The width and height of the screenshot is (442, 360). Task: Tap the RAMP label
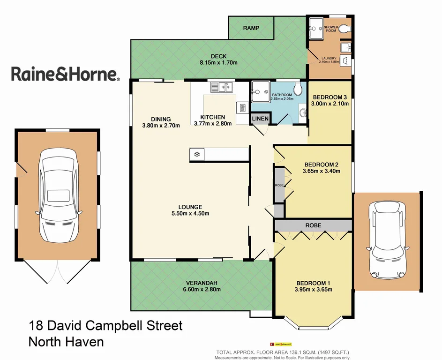click(251, 29)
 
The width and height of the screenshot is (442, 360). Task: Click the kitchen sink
click(221, 87)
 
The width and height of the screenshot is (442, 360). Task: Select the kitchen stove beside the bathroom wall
click(242, 107)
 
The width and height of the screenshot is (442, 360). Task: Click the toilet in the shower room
click(345, 29)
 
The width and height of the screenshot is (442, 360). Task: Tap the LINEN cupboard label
click(260, 119)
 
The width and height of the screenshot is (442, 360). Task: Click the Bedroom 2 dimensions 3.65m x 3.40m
click(321, 171)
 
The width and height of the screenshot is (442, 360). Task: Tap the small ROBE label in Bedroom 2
click(279, 186)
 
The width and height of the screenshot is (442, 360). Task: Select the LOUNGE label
click(190, 207)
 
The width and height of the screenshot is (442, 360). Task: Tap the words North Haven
click(66, 342)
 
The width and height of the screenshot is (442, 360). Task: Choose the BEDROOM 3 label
click(330, 97)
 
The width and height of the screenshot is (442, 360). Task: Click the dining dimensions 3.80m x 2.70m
click(161, 125)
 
